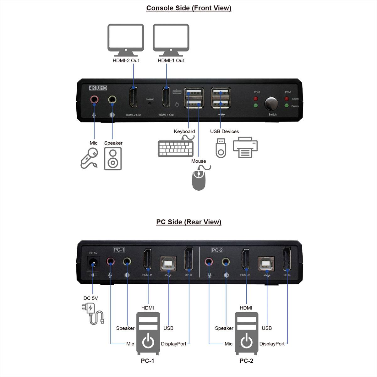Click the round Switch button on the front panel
(x=271, y=103)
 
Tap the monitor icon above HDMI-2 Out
(x=126, y=38)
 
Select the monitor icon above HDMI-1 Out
(x=171, y=38)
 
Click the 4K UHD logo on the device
(x=98, y=88)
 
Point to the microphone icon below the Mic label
(x=89, y=158)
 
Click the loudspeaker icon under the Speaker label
(x=113, y=159)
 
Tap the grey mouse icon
(x=199, y=180)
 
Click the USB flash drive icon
(x=221, y=148)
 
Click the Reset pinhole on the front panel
(x=150, y=103)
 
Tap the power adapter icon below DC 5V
(x=92, y=313)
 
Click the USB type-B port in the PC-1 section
(x=168, y=263)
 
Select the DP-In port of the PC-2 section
(x=287, y=259)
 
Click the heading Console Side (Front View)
(x=188, y=8)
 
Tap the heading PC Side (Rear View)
(x=188, y=222)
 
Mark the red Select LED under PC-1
(x=287, y=99)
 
